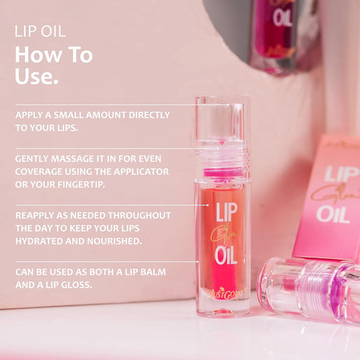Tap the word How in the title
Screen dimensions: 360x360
click(x=34, y=55)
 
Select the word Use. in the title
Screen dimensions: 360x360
click(x=36, y=76)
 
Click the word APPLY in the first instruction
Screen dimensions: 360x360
click(x=30, y=114)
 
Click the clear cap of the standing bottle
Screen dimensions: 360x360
click(x=222, y=128)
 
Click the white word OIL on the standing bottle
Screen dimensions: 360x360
click(x=224, y=256)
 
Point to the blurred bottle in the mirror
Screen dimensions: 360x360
click(x=282, y=30)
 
